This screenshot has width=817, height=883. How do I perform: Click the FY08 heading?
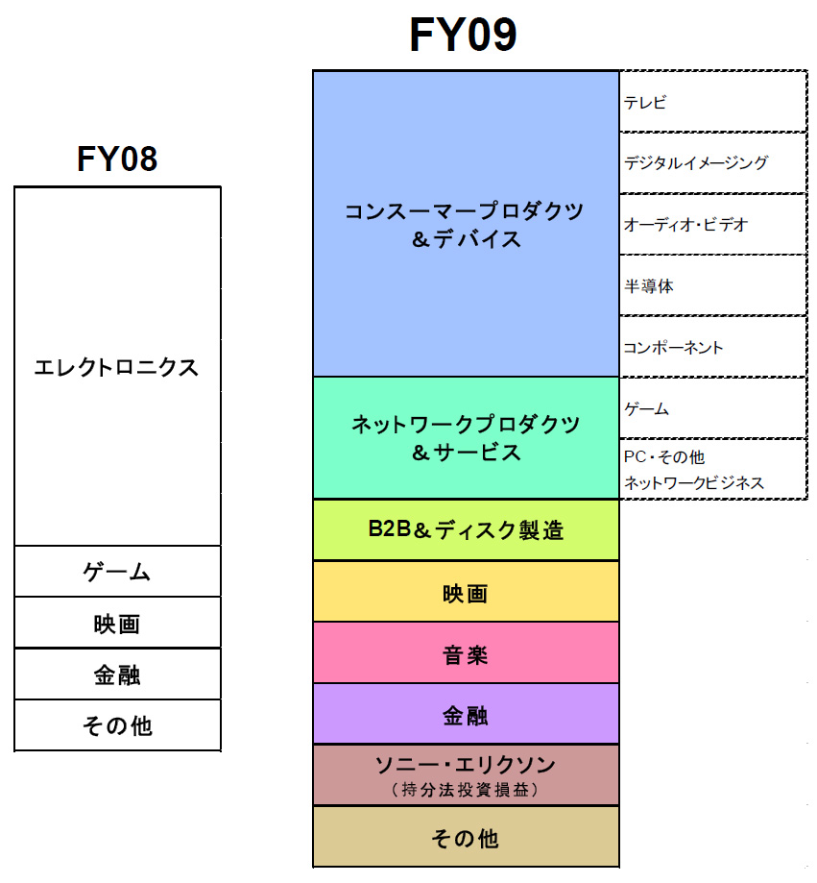117,159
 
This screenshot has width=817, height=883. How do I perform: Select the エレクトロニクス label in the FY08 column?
116,367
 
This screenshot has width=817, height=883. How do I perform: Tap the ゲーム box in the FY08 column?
117,573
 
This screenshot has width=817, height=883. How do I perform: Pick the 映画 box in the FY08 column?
117,624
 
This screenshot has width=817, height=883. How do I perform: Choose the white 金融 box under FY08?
117,675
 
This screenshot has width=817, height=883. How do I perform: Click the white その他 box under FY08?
117,725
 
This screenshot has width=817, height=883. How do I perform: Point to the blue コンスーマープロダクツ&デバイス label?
465,225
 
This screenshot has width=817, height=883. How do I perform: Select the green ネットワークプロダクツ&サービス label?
465,438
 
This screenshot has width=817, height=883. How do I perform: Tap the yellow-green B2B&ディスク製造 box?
466,529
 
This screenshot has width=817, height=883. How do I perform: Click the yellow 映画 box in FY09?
466,593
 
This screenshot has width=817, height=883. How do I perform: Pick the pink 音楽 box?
466,654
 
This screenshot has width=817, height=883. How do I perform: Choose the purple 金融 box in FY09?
466,715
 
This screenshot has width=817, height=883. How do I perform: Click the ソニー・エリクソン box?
466,775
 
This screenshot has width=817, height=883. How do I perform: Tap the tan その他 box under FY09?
466,838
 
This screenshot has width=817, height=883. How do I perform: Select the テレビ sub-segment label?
645,103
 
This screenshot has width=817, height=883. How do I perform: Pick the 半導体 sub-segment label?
649,286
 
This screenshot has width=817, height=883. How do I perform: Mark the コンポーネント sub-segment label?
673,348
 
